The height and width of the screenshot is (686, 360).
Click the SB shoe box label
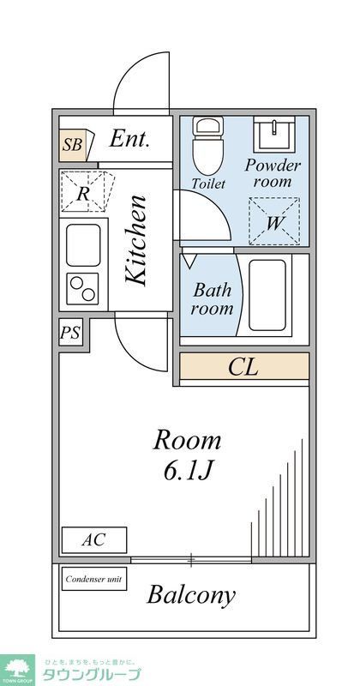tap(73, 145)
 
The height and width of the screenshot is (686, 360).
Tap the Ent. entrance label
tap(129, 140)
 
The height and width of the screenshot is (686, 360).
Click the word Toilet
tap(208, 184)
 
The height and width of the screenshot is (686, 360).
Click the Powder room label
tap(273, 172)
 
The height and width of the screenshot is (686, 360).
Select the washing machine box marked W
tap(274, 221)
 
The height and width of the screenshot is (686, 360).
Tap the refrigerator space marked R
tap(83, 192)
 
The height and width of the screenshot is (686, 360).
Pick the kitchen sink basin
tap(84, 244)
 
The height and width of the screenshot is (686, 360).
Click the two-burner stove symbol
tap(84, 287)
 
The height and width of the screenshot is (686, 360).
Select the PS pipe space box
tap(71, 334)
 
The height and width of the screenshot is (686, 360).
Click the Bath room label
tap(212, 298)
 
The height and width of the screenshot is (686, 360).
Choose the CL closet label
tap(243, 367)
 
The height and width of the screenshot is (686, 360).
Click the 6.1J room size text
tap(186, 471)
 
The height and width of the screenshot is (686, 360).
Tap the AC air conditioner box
tap(94, 540)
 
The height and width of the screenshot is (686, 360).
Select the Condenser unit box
tap(94, 580)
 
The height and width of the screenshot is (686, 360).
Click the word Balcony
tap(191, 595)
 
